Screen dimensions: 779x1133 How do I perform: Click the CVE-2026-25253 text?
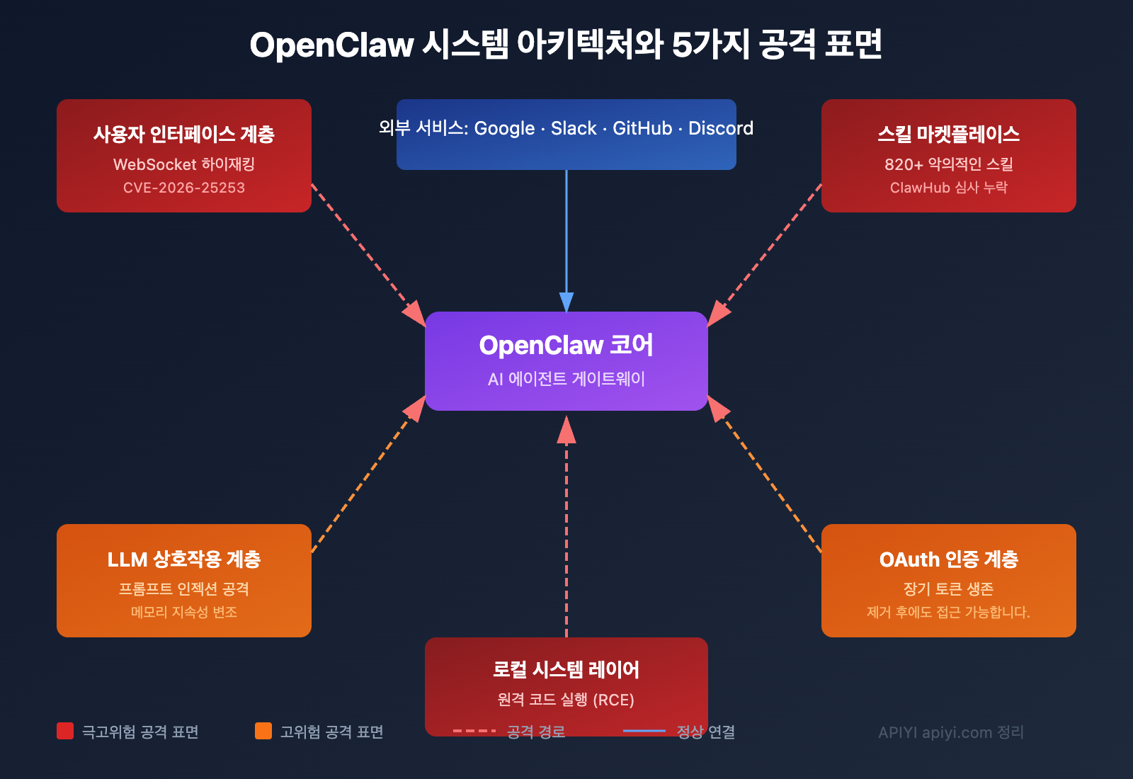184,188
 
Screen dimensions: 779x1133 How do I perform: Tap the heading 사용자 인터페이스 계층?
184,134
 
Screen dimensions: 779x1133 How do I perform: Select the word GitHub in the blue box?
642,128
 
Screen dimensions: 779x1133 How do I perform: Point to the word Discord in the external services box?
720,128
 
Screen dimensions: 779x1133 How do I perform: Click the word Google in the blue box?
504,128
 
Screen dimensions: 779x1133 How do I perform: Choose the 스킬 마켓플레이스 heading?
949,134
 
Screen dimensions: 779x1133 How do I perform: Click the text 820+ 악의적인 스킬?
949,164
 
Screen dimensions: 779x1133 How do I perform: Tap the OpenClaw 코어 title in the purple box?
566,345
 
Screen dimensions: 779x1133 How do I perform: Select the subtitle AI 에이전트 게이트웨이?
566,379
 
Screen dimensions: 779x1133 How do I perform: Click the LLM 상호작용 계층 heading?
184,559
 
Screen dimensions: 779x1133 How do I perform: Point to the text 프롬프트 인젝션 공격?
184,589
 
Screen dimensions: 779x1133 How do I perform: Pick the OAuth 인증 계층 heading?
949,559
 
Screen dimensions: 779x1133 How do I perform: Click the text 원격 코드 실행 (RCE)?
566,700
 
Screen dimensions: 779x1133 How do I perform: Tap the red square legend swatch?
65,731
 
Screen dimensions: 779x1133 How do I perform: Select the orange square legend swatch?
263,731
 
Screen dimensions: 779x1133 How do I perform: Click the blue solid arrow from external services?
566,234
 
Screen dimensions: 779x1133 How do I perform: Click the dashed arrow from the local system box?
566,531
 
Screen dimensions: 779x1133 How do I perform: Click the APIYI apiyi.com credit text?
950,732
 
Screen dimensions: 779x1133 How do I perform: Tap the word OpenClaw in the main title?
331,45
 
